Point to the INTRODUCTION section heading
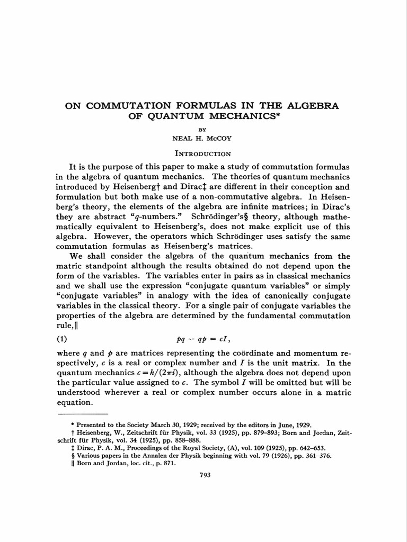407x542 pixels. pyautogui.click(x=203, y=154)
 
